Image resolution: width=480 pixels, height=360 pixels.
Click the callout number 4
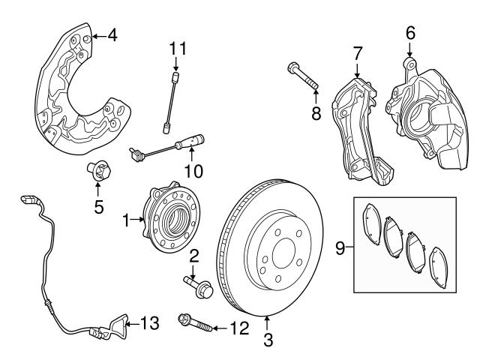click(112, 34)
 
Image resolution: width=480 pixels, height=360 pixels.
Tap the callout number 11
click(177, 49)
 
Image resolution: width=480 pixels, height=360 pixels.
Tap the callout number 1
click(125, 220)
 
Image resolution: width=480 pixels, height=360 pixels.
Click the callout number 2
click(193, 257)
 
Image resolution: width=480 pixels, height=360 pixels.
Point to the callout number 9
click(340, 245)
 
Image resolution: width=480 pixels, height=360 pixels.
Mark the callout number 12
click(240, 328)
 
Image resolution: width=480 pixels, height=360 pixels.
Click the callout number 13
click(151, 324)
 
